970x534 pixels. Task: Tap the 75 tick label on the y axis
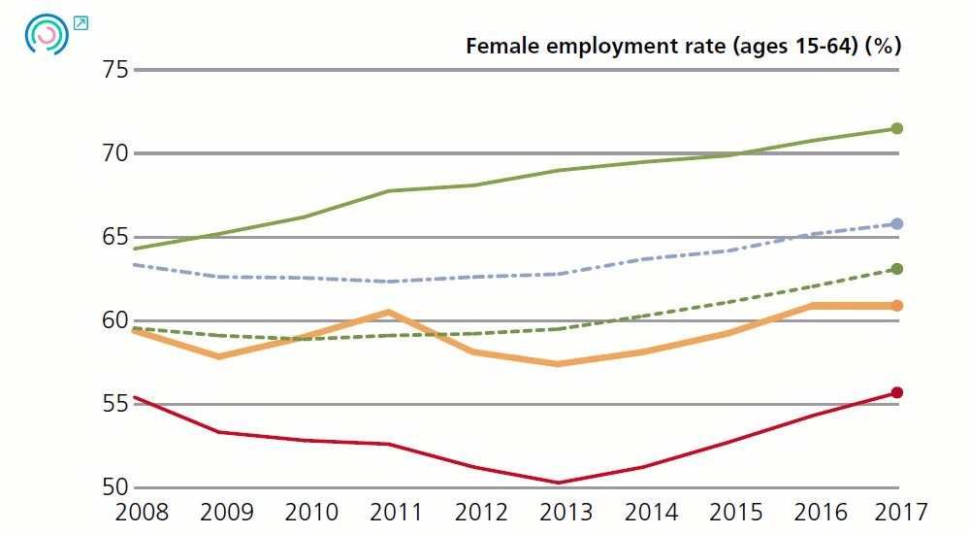point(115,70)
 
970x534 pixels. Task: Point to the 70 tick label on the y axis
point(115,153)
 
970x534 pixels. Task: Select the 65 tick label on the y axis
point(115,237)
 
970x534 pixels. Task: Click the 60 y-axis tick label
point(115,320)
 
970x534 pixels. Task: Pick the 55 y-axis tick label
point(115,404)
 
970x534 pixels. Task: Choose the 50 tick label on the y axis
point(115,487)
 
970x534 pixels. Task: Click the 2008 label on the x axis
point(142,512)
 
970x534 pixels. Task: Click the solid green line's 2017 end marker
point(897,128)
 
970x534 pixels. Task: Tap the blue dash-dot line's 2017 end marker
point(897,224)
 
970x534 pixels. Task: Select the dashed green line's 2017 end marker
point(897,269)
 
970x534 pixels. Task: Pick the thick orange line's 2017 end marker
point(897,306)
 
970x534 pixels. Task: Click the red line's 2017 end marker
point(897,392)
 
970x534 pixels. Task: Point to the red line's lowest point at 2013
point(559,483)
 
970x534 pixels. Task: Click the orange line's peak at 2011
point(389,312)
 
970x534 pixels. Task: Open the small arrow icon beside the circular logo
point(81,22)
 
